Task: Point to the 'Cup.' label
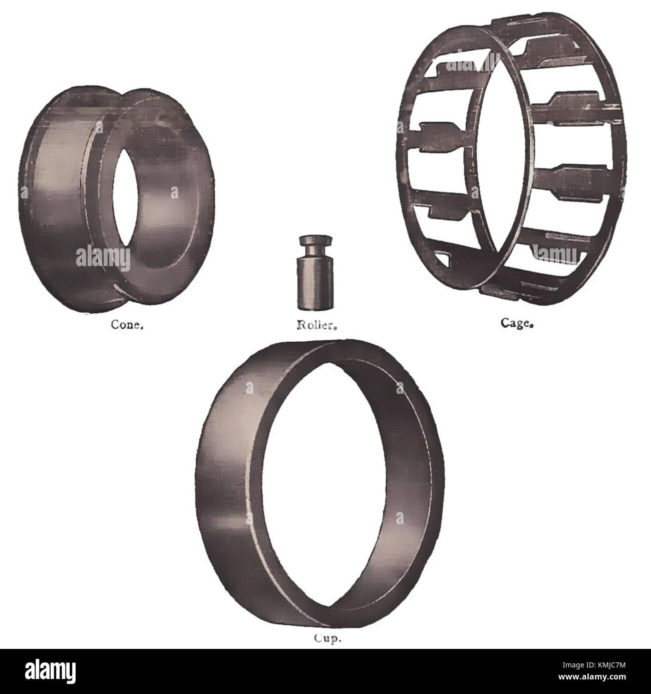tap(320, 639)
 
